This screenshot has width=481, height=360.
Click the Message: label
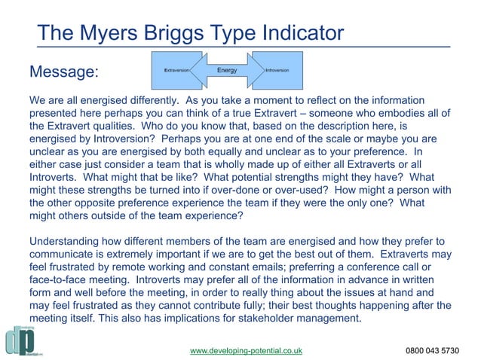(63, 73)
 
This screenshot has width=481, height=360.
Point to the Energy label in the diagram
(227, 70)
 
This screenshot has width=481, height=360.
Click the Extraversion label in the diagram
(176, 70)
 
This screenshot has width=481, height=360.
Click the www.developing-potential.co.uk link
(246, 350)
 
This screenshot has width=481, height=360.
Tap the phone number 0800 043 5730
(432, 350)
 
